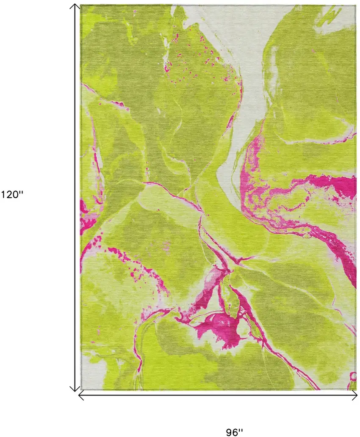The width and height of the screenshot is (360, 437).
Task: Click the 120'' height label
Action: [13, 195]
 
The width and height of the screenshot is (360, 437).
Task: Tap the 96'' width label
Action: [234, 432]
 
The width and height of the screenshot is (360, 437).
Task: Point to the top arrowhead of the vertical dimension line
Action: [75, 6]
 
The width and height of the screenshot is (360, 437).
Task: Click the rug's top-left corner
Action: [81, 6]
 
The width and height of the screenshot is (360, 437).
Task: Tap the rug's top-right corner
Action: [355, 6]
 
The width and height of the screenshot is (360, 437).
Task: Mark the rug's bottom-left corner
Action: [81, 390]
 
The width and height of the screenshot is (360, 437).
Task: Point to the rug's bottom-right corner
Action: [355, 390]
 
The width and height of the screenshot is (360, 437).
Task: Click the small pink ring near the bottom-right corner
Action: [352, 376]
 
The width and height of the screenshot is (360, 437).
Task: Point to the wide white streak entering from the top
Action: [246, 85]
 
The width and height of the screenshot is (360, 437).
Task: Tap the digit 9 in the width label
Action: [230, 432]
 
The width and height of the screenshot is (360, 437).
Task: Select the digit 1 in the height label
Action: [4, 195]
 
